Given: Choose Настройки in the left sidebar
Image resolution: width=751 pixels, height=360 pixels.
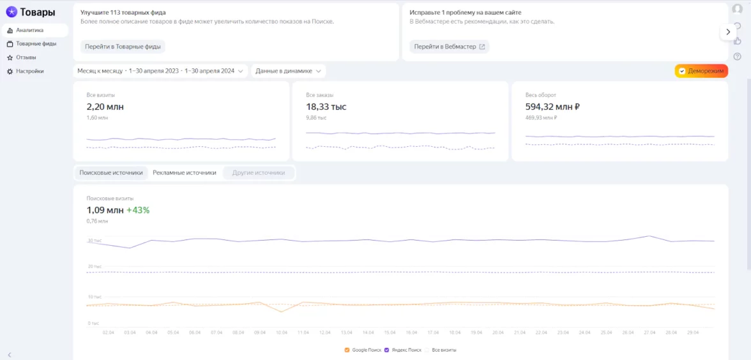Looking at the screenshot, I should (x=29, y=71).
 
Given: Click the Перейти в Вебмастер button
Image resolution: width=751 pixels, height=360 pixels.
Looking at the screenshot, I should (x=450, y=47).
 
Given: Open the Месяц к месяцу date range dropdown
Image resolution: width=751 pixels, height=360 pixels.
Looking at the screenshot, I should (x=160, y=71).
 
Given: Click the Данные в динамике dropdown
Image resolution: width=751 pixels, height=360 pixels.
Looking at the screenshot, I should (x=289, y=71).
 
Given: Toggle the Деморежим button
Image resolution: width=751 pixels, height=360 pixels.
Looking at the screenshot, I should (x=701, y=71).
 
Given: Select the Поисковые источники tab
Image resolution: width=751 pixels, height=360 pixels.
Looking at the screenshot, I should (x=111, y=173).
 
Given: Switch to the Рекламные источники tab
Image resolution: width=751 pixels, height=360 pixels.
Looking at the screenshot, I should (x=185, y=173).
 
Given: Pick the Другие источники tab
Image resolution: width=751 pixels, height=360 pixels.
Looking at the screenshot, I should (x=259, y=173).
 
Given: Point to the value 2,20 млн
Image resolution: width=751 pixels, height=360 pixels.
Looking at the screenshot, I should (x=105, y=107).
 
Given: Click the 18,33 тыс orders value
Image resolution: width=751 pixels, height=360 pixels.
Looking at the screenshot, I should (x=326, y=107).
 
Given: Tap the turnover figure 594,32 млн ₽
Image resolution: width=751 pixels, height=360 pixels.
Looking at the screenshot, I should (x=552, y=107).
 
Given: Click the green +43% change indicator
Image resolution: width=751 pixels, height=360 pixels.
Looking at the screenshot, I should (x=138, y=210).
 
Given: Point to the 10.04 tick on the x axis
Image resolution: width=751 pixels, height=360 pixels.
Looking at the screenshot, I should (x=282, y=333).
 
